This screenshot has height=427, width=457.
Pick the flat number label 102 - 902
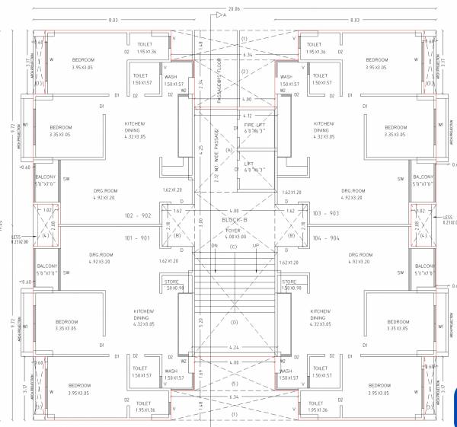click(x=141, y=215)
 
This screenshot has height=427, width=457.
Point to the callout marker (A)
click(x=228, y=151)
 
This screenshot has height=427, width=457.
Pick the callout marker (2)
click(x=244, y=72)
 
